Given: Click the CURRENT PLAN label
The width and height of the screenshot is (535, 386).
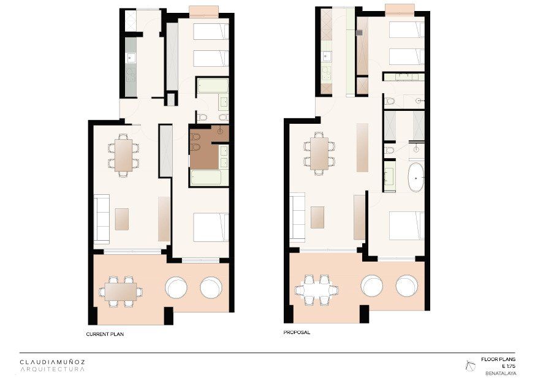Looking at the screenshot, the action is (x=105, y=334).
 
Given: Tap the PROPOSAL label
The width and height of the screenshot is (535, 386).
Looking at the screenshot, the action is (x=297, y=332).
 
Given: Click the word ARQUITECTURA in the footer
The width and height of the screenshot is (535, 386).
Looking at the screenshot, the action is (x=52, y=369).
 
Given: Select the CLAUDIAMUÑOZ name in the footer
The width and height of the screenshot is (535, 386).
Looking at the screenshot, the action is (x=52, y=361).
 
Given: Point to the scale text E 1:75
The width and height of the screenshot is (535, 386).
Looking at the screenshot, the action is (x=509, y=366).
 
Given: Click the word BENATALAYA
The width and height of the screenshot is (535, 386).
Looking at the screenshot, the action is (x=501, y=373).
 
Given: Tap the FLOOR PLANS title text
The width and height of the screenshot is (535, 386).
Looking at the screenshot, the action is (x=498, y=359).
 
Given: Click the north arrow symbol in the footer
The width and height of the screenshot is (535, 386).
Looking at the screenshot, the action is (x=470, y=366).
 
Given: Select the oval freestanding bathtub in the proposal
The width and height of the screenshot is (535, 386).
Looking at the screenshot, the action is (x=416, y=178).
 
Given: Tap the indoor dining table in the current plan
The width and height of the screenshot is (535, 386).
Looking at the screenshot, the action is (x=123, y=155).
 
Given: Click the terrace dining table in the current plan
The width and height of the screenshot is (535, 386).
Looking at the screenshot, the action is (x=121, y=292).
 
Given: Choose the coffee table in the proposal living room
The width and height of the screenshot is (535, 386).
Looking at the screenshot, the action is (x=317, y=218).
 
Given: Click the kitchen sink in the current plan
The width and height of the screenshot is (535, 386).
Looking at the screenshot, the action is (x=131, y=58).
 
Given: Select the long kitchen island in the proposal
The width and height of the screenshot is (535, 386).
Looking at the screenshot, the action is (x=362, y=147).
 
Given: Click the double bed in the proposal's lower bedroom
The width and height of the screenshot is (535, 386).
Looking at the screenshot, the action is (x=407, y=225).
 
